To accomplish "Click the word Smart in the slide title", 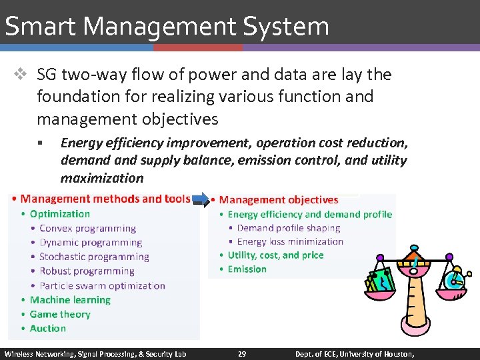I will pos(41,27).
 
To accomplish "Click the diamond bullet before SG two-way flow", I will pos(22,75).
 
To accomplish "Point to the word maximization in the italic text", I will pos(102,178).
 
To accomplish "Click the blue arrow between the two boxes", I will pos(200,198).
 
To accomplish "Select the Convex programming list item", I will pos(87,229).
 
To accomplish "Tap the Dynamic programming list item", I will pos(91,243).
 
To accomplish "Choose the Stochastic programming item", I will pos(94,257).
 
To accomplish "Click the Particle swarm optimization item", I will pos(102,285).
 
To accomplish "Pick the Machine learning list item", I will pos(70,300).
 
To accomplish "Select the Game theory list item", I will pos(60,314).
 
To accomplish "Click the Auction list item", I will pos(48,328).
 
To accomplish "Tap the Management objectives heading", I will pos(279,199).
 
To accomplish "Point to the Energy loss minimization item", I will pos(290,241).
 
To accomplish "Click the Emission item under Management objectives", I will pos(247,269).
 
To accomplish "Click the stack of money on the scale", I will pos(381,282).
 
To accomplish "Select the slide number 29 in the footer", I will pos(242,353).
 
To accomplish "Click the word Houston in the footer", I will pos(396,353).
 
